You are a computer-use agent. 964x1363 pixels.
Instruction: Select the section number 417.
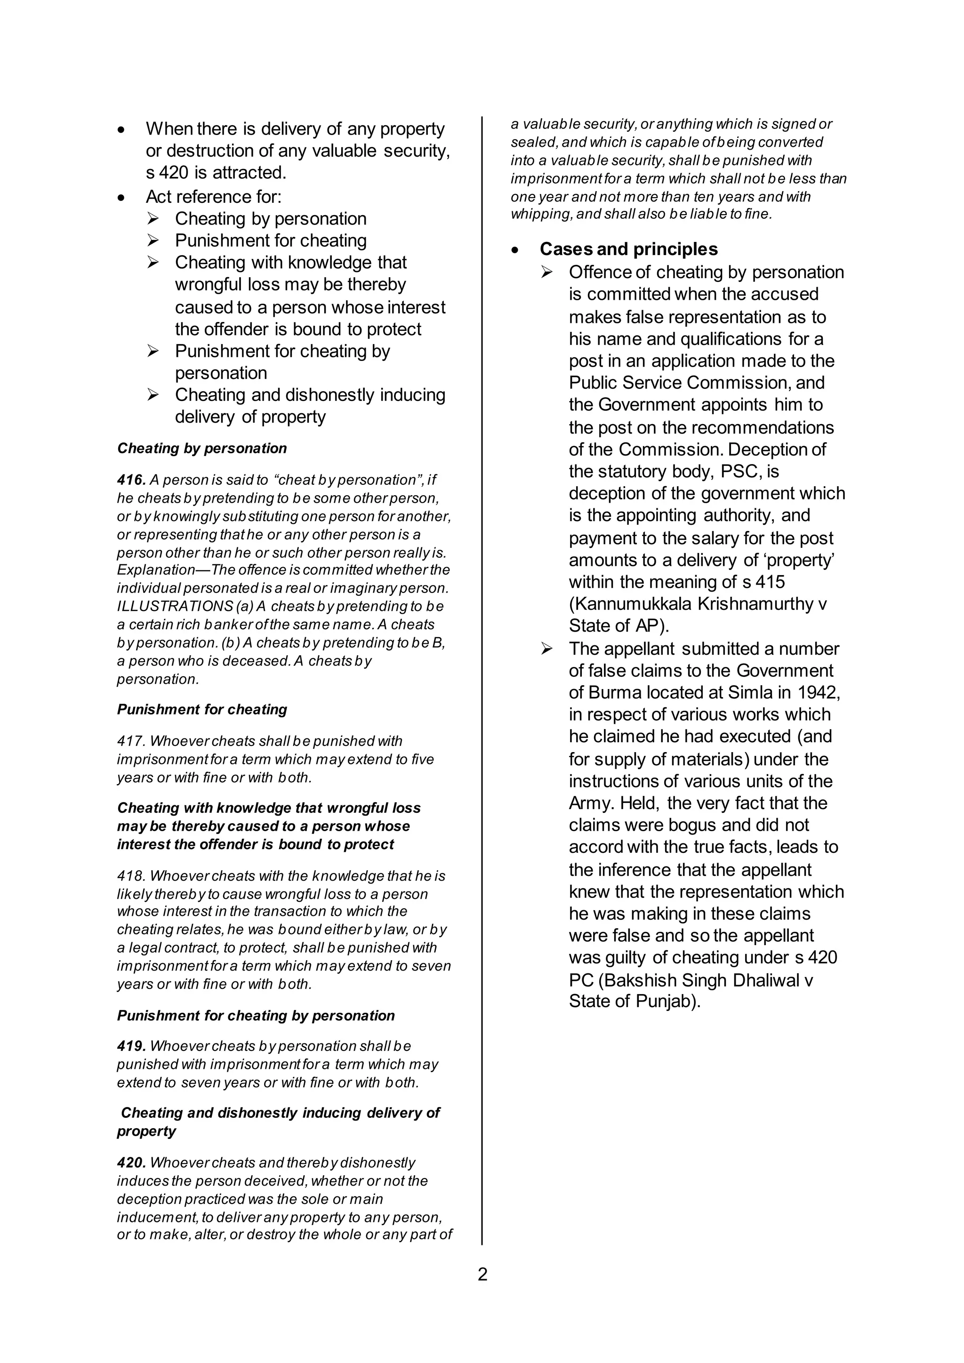(x=130, y=741)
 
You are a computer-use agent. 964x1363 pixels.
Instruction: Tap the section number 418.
(x=130, y=876)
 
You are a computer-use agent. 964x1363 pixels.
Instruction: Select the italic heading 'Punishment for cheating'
(x=202, y=709)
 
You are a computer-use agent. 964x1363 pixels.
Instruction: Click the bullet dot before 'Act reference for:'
(x=122, y=197)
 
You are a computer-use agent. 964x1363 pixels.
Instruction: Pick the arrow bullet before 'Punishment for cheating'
(x=153, y=241)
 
